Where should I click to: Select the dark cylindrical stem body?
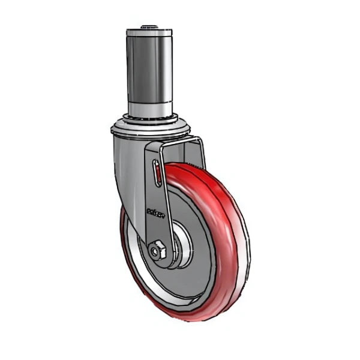point(149,66)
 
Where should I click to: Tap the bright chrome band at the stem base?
point(149,108)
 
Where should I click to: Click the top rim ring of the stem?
point(149,32)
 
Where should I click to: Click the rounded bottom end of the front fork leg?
point(161,264)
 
